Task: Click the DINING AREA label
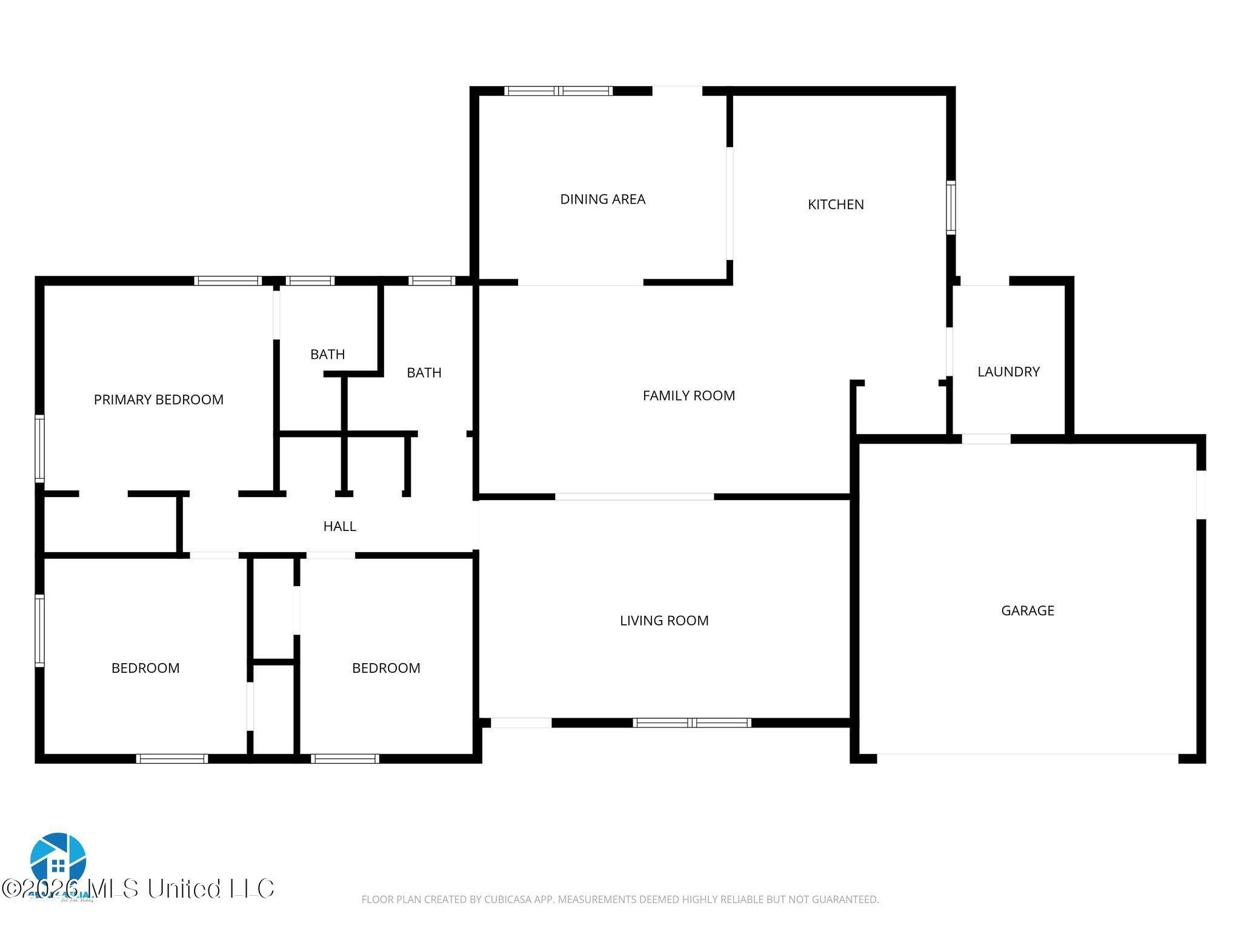coord(602,199)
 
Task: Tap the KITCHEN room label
coord(836,204)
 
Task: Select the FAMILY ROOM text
coord(688,396)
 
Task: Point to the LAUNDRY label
coord(1008,372)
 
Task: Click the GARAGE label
coord(1027,610)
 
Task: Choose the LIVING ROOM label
coord(664,620)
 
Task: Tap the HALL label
coord(339,526)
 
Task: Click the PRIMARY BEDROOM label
coord(158,399)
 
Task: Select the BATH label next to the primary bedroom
coord(327,354)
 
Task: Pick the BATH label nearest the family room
coord(424,372)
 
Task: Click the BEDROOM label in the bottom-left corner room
coord(145,668)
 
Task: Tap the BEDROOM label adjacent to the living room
coord(386,668)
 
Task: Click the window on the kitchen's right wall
coord(951,208)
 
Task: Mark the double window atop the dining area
coord(558,91)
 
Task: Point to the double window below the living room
coord(691,722)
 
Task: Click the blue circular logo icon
coord(58,859)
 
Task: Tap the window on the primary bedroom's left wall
coord(39,449)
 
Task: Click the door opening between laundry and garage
coord(985,439)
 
